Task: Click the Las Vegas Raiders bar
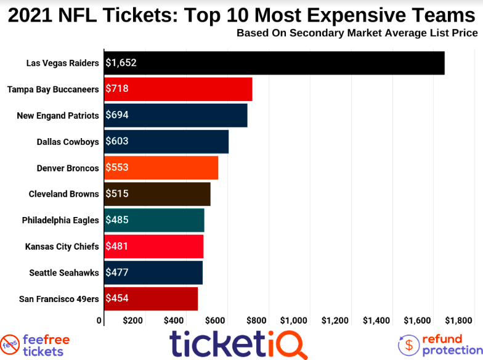click(x=274, y=63)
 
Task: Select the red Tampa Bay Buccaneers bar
click(x=178, y=89)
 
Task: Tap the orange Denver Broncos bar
click(x=161, y=168)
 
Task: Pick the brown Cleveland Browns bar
click(x=157, y=194)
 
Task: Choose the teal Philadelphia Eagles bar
click(x=154, y=220)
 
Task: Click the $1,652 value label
click(x=121, y=63)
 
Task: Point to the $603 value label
click(x=117, y=141)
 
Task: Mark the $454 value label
click(x=117, y=298)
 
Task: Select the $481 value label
click(x=117, y=246)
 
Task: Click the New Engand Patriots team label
click(x=58, y=115)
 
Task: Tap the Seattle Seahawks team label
click(x=64, y=272)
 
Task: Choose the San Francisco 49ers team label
click(x=59, y=298)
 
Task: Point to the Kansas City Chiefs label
click(x=62, y=246)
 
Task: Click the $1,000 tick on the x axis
click(x=294, y=321)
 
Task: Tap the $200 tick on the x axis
click(x=132, y=321)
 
